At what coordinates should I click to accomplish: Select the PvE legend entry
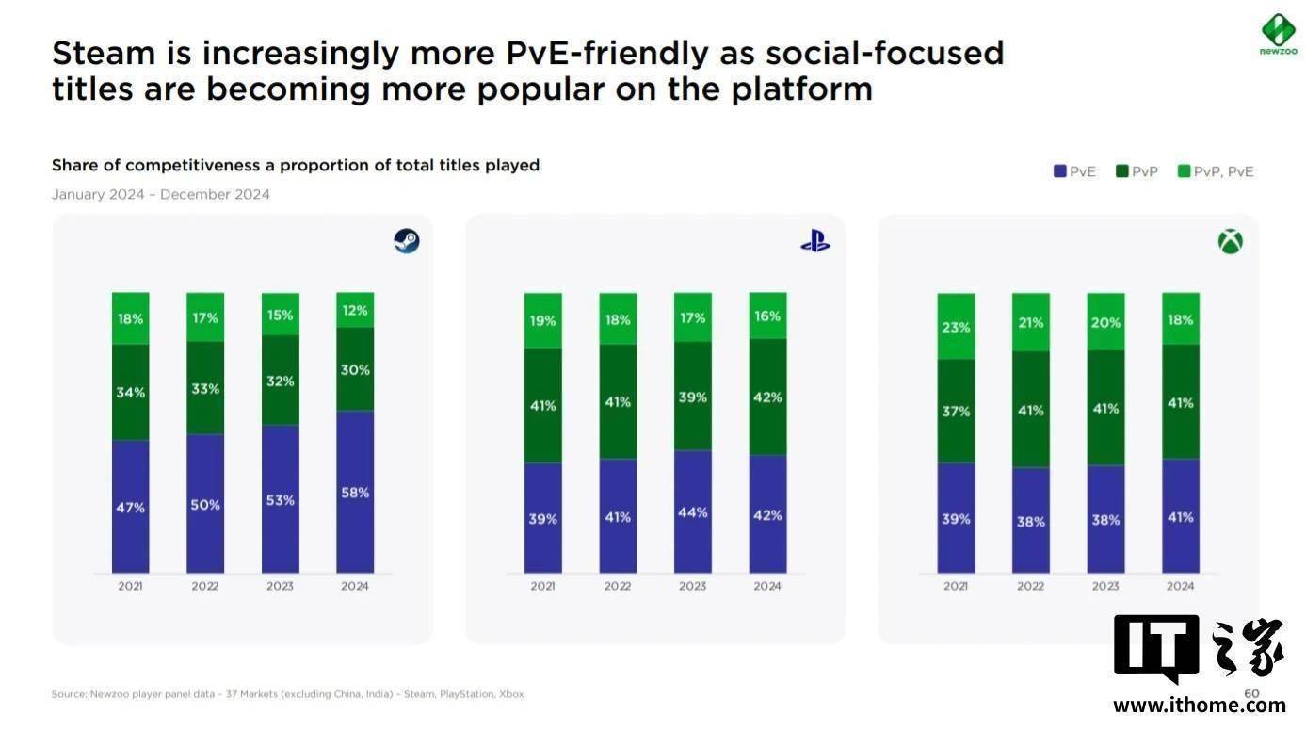(1074, 171)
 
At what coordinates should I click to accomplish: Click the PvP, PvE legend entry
(1216, 171)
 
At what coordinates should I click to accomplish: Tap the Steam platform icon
(407, 241)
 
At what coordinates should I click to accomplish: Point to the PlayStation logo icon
(815, 242)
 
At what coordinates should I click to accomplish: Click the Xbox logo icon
(1230, 242)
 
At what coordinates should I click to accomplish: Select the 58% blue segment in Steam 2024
(355, 492)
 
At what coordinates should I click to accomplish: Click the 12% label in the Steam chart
(355, 310)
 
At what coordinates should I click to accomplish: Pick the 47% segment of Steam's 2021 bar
(131, 507)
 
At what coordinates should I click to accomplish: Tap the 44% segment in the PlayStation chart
(692, 511)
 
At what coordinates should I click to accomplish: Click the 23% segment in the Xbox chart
(956, 327)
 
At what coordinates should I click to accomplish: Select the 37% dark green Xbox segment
(956, 411)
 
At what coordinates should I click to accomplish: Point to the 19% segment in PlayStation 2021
(543, 320)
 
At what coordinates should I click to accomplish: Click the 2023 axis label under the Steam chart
(280, 586)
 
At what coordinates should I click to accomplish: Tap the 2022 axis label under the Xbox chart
(1030, 586)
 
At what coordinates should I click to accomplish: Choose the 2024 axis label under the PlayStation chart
(767, 586)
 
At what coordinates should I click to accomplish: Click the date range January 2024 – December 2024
(161, 195)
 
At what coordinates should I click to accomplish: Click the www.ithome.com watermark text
(1199, 706)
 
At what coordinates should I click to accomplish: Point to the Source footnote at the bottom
(287, 694)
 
